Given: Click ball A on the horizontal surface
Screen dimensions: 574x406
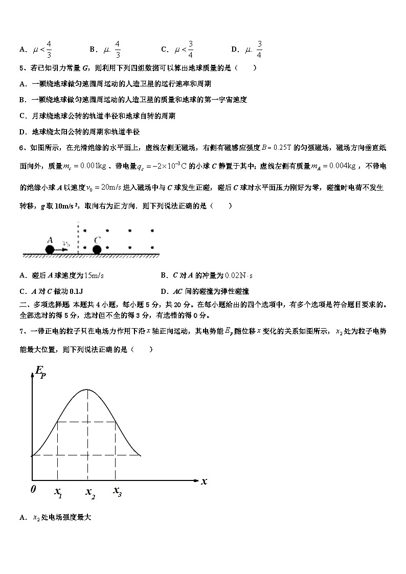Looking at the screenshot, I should click(x=50, y=249).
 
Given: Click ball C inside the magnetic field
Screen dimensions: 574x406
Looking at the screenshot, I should click(x=97, y=249).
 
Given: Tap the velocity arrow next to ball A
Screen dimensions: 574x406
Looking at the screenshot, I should click(x=63, y=249).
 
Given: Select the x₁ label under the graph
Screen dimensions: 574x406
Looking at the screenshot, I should click(x=58, y=492).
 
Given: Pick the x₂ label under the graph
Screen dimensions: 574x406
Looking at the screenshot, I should click(x=90, y=492).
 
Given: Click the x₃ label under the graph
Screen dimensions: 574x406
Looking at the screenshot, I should click(x=117, y=492).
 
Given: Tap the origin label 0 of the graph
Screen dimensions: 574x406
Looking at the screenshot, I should click(x=33, y=489).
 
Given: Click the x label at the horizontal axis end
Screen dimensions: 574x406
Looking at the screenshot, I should click(x=204, y=481).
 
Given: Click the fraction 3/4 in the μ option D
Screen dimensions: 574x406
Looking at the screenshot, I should click(x=259, y=50).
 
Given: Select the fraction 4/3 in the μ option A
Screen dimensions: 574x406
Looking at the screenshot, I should click(x=49, y=50).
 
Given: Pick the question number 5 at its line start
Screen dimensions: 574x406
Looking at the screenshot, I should click(x=21, y=67).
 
